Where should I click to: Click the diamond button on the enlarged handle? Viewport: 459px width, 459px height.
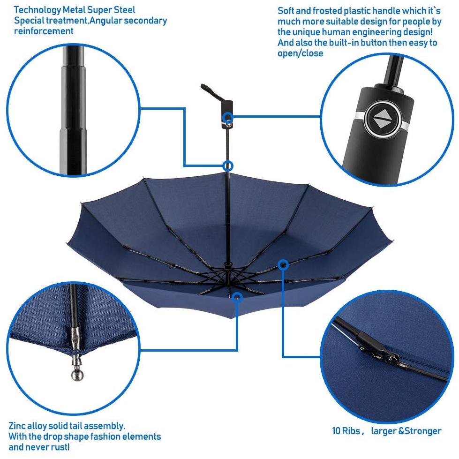pos(383,119)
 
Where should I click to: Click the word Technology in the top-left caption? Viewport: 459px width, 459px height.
pos(37,10)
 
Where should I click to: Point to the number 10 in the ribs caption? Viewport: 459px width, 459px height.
pos(336,431)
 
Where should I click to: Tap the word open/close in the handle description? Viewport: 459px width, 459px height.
pos(300,53)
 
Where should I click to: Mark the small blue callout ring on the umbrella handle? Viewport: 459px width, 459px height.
pos(228,118)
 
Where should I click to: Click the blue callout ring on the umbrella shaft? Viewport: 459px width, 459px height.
pos(228,166)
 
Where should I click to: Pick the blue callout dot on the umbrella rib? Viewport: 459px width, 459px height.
pos(283,265)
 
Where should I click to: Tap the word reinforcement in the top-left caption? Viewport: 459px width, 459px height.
pos(44,31)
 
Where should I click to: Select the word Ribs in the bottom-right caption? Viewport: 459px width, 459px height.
pos(351,431)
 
